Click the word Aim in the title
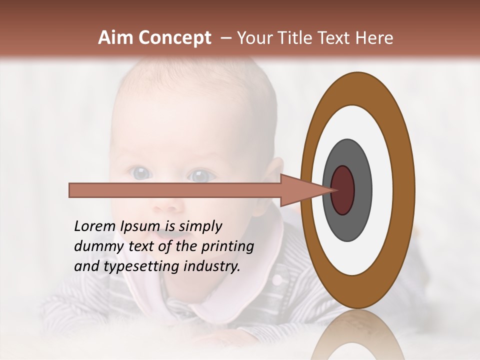(116, 38)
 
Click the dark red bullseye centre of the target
(343, 190)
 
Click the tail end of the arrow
(70, 190)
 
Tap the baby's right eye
(141, 173)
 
